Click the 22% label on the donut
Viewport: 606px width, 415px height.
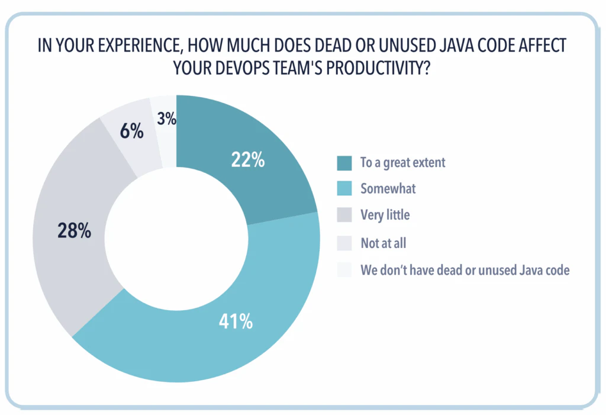point(247,160)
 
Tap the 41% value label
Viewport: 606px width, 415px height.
point(236,322)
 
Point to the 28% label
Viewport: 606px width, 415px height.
point(74,231)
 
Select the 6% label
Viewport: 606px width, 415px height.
point(131,131)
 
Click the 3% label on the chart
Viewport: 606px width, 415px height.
point(166,119)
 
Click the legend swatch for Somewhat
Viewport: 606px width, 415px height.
point(344,188)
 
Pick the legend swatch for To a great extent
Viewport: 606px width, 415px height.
point(344,162)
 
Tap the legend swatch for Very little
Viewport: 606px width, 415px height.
point(344,215)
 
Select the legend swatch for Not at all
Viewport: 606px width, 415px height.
point(344,242)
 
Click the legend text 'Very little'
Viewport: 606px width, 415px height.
point(385,215)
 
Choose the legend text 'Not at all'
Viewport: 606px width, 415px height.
point(383,242)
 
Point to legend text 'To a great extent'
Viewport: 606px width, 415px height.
point(402,162)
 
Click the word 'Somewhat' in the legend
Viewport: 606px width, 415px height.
point(388,188)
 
